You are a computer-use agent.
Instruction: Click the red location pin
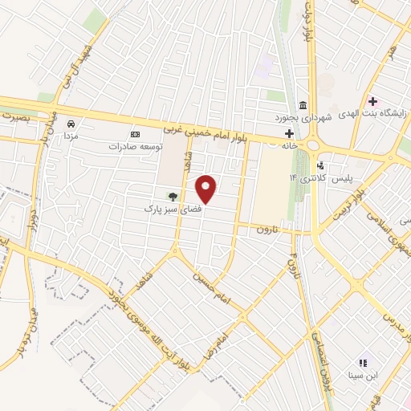206,189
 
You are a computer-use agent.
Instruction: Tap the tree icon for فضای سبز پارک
171,196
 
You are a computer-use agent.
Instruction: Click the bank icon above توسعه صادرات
135,134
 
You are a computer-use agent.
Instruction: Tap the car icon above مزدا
71,124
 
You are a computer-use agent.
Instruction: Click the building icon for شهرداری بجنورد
302,105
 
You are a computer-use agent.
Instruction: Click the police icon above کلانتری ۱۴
321,165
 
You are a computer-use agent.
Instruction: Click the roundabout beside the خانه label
312,144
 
